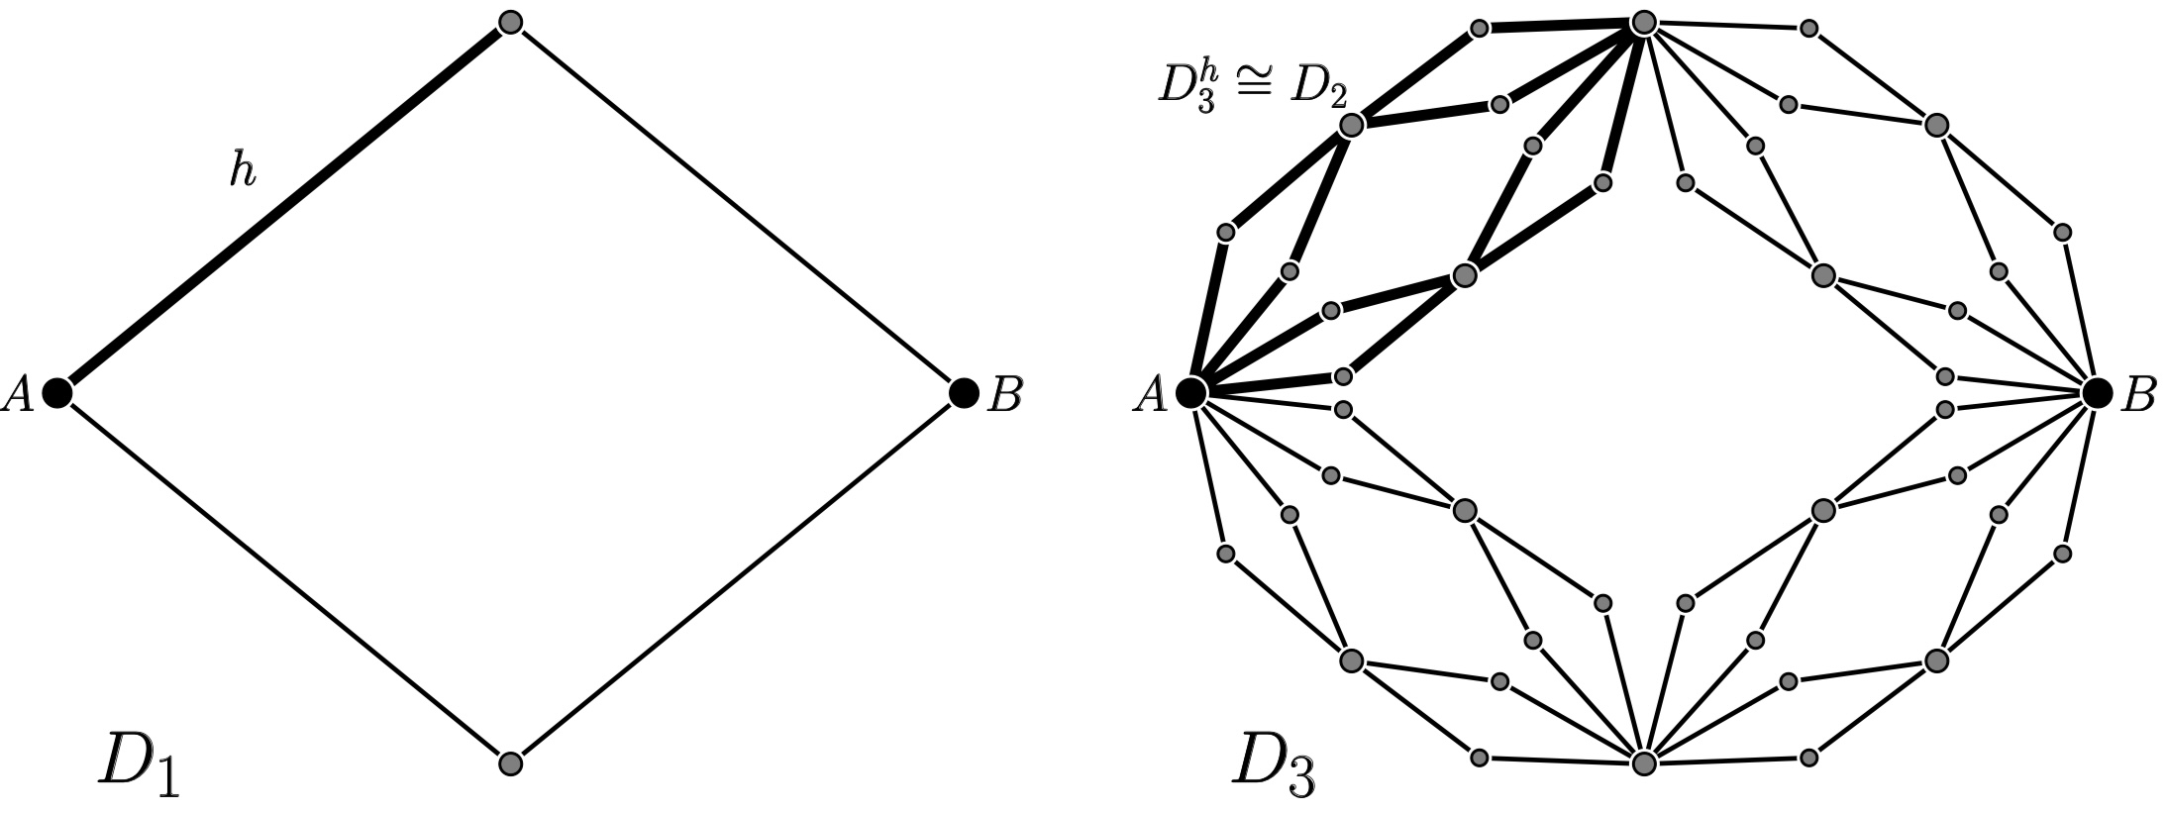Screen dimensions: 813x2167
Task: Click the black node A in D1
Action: click(x=57, y=393)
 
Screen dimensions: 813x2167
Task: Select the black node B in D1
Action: click(x=963, y=393)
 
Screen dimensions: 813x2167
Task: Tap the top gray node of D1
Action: click(x=510, y=22)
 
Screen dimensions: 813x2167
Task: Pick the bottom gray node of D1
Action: click(x=510, y=763)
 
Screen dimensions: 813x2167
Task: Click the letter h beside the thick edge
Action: click(x=243, y=171)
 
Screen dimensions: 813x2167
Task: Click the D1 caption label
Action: click(x=139, y=765)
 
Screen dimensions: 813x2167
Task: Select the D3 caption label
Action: click(x=1274, y=765)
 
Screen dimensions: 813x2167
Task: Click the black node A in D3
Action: click(x=1190, y=393)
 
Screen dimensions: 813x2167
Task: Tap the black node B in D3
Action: click(x=2096, y=393)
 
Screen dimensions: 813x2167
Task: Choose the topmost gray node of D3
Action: click(x=1643, y=22)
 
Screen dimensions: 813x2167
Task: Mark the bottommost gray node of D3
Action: click(x=1643, y=763)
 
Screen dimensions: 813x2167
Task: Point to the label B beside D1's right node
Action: click(x=1004, y=395)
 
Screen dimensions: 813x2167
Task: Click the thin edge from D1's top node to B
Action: click(x=736, y=207)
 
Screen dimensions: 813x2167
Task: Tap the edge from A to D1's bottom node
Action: click(x=283, y=578)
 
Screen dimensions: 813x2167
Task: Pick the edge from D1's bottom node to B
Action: click(x=736, y=578)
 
